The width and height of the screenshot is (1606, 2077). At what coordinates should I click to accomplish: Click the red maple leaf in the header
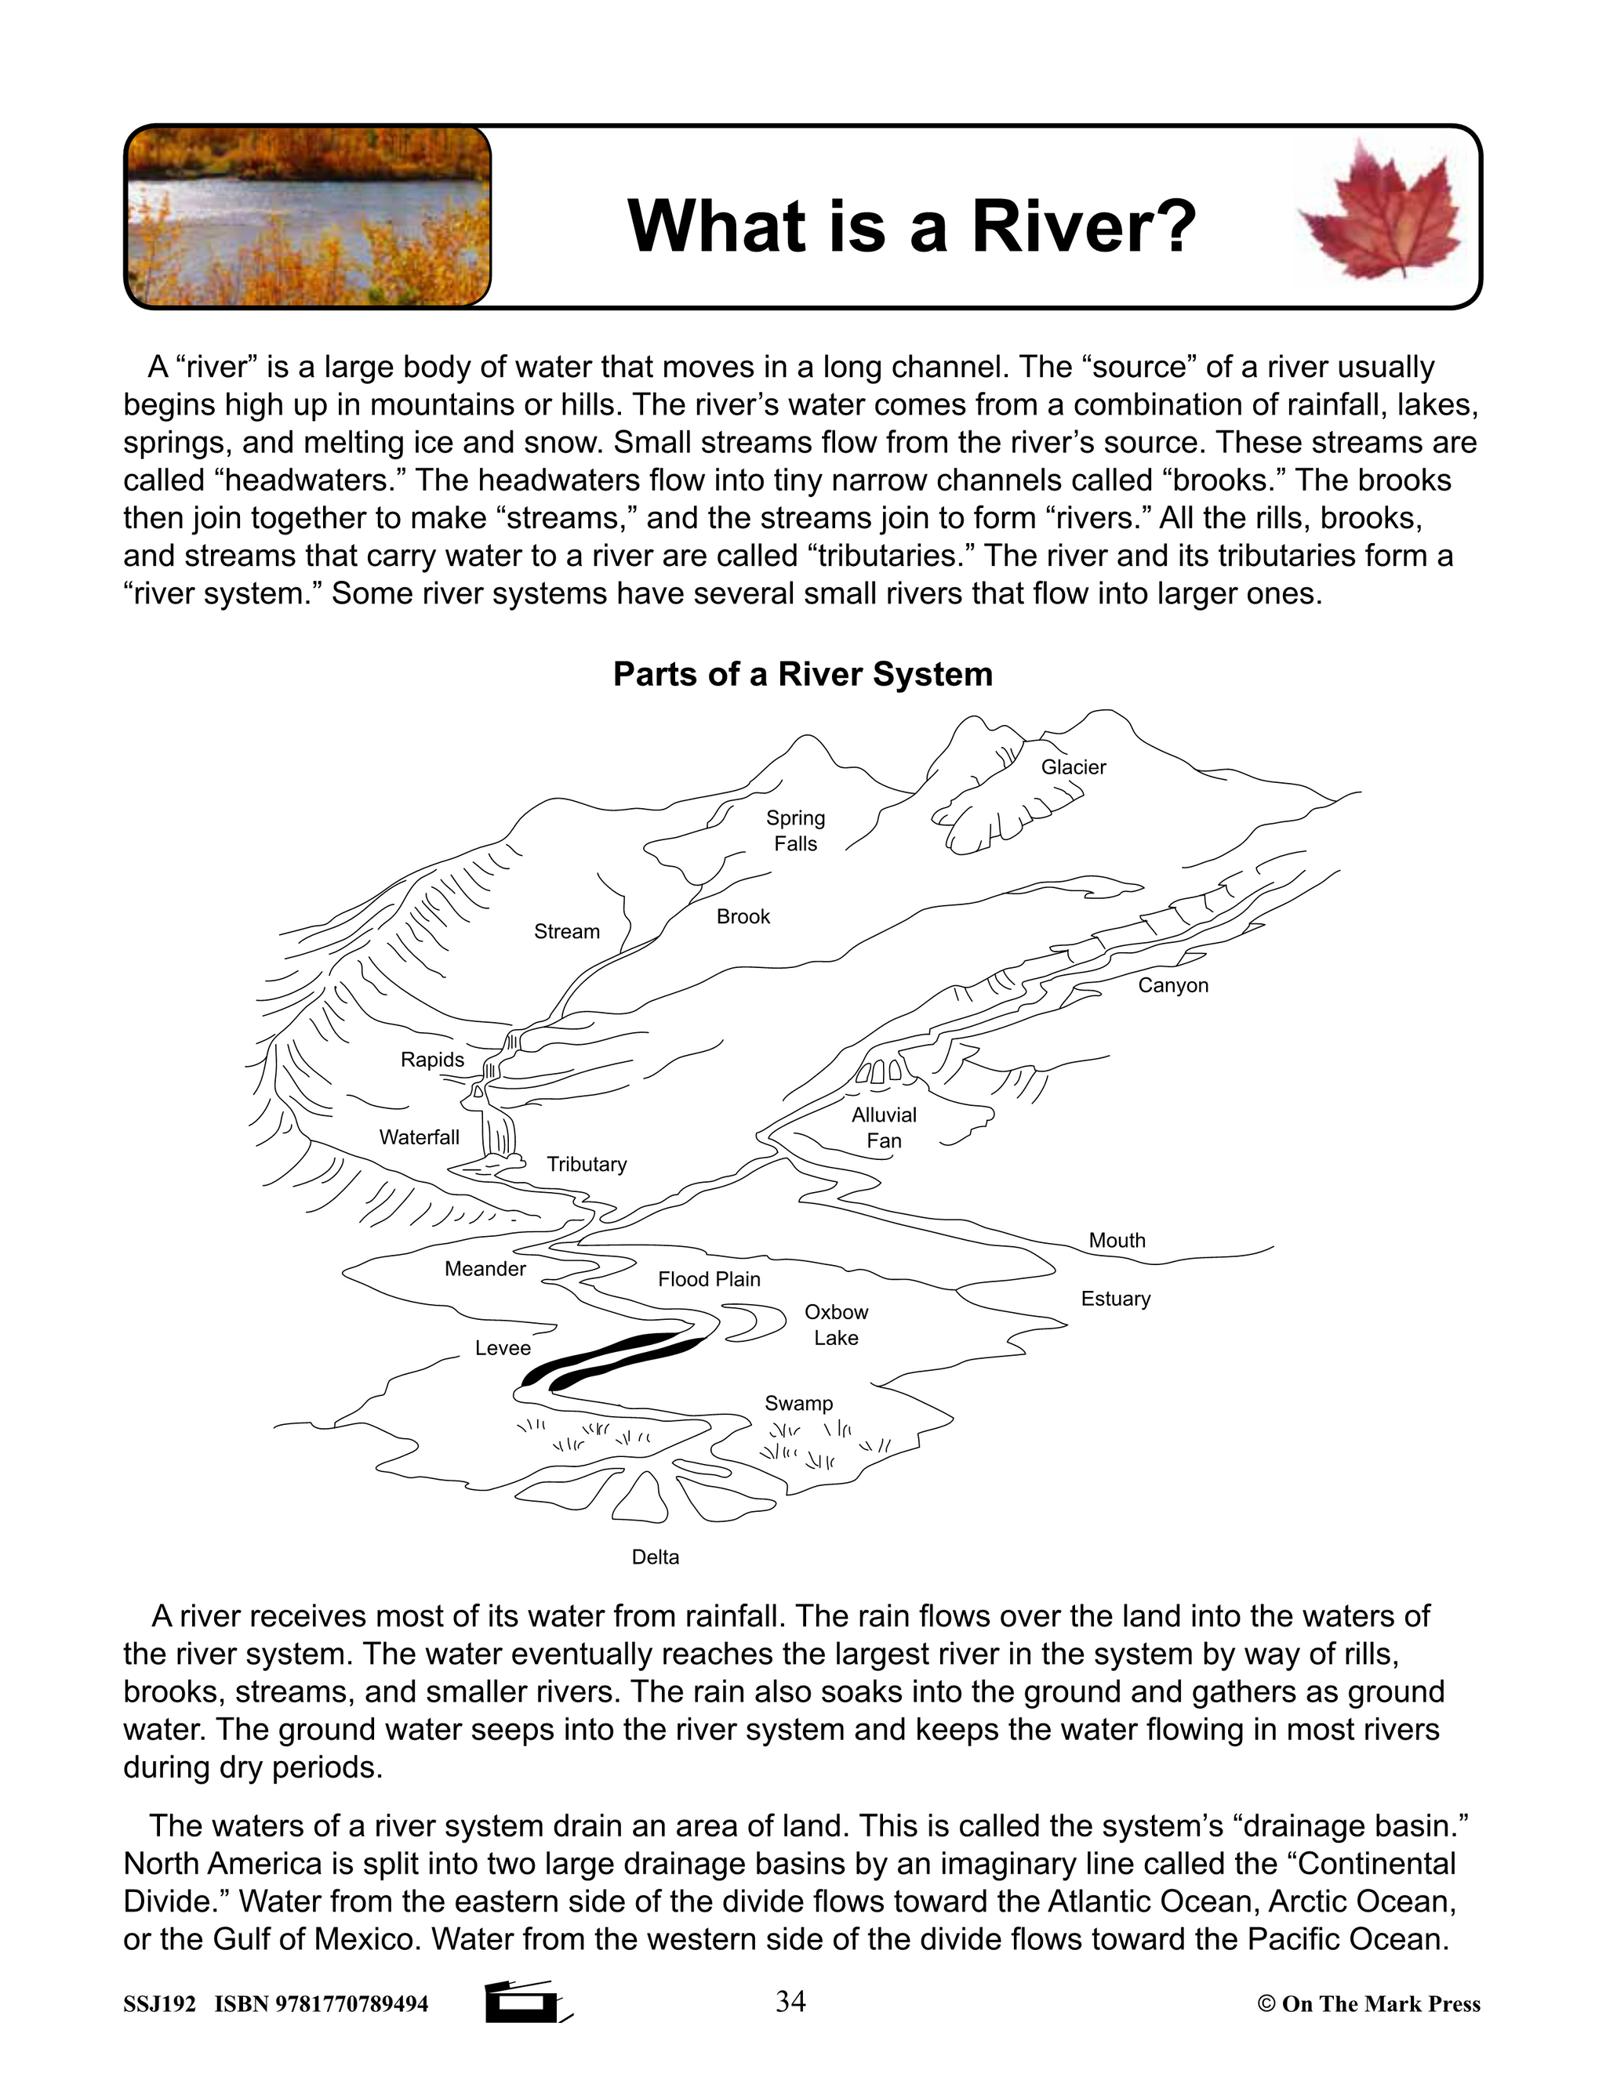[1379, 211]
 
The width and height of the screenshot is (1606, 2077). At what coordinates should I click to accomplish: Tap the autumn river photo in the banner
[308, 217]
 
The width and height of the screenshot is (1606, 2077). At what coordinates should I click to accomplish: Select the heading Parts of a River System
[802, 674]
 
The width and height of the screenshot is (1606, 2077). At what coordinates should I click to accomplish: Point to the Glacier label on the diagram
[1074, 767]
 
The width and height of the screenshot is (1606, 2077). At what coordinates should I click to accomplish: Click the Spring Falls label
[795, 830]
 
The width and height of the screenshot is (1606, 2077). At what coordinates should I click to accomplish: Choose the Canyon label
[1172, 985]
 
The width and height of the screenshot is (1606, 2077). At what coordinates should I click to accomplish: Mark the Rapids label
[432, 1060]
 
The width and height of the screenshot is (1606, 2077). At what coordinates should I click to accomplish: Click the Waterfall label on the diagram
[419, 1137]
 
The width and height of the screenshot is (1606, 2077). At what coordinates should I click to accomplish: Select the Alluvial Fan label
[884, 1128]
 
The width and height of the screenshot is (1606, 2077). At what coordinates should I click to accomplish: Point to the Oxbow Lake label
[836, 1325]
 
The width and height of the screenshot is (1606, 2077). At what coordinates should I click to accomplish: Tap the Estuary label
[1115, 1299]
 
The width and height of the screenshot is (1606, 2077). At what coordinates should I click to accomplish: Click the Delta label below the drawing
[656, 1557]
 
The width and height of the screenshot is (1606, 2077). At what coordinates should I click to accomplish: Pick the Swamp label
[798, 1404]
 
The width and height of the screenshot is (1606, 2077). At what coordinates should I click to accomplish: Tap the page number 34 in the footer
[790, 2002]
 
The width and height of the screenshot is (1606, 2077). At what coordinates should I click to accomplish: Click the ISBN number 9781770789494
[351, 2005]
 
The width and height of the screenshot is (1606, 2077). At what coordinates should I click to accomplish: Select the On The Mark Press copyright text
[1369, 2005]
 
